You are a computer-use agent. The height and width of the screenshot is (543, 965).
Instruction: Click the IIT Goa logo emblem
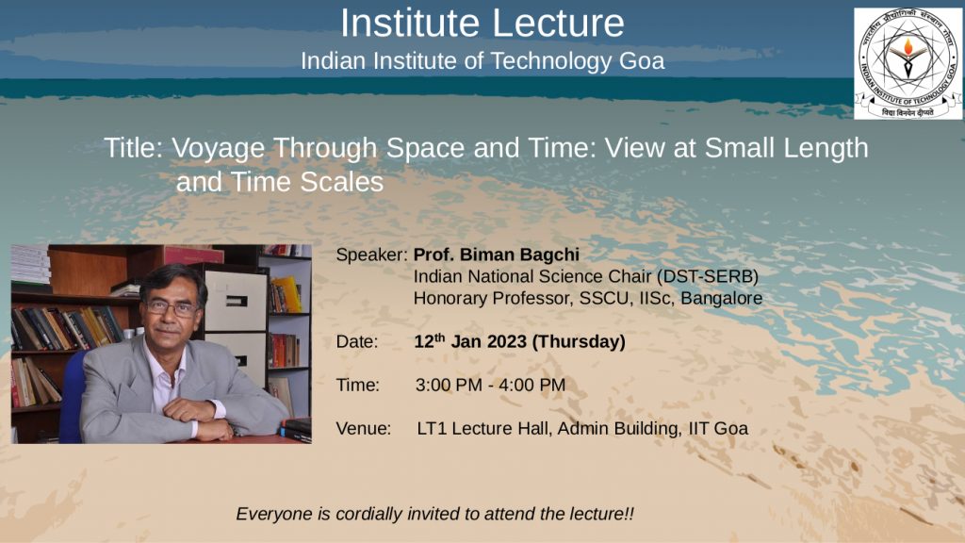[908, 63]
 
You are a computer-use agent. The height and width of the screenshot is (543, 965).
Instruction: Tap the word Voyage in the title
[218, 149]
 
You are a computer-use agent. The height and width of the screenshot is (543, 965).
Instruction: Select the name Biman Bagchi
[519, 255]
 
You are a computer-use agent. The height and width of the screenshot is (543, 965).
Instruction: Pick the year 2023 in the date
[506, 341]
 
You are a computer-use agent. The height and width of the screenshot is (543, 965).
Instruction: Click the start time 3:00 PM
[449, 386]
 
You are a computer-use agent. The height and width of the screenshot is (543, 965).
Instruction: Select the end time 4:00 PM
[532, 386]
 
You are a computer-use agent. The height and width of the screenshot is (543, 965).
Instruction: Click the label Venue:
[364, 429]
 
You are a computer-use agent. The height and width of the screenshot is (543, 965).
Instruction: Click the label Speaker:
[371, 255]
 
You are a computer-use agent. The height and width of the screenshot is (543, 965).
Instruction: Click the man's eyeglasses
[172, 307]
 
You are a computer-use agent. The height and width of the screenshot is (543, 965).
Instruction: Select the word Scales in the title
[349, 182]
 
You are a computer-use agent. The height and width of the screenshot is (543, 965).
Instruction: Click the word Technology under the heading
[550, 61]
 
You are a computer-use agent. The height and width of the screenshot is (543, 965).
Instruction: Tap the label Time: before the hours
[358, 386]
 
